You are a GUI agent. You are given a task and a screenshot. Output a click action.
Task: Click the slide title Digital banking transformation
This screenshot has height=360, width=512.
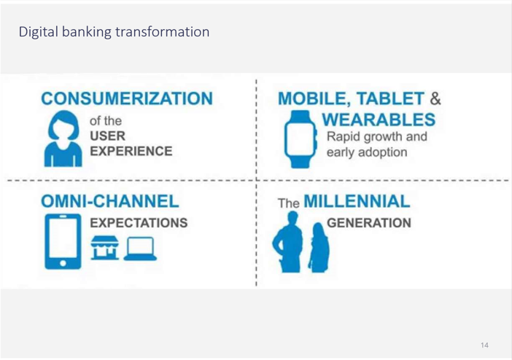tap(114, 32)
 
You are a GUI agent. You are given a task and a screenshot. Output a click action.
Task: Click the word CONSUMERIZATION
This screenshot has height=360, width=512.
tap(127, 98)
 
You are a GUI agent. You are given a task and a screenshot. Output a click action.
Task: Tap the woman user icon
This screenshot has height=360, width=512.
tap(63, 138)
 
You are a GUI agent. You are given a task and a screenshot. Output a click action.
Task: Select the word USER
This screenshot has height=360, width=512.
tap(107, 136)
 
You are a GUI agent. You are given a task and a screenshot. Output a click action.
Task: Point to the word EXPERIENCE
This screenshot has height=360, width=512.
tap(131, 152)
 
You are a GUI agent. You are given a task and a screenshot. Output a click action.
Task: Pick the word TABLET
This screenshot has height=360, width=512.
tap(390, 98)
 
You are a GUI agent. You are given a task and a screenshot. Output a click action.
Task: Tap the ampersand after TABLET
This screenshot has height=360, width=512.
tap(435, 98)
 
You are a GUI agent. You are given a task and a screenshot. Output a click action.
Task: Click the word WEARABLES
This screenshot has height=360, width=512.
tap(379, 120)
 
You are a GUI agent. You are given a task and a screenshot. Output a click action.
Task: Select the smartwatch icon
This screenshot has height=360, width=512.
tap(300, 139)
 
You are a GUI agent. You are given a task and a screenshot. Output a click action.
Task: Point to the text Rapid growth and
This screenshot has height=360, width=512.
tap(377, 137)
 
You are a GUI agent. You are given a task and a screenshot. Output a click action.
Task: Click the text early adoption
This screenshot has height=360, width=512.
tap(367, 152)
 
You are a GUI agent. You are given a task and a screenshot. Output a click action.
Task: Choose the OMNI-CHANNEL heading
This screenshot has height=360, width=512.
tap(110, 201)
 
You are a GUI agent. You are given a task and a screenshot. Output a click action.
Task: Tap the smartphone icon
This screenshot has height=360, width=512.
tap(63, 241)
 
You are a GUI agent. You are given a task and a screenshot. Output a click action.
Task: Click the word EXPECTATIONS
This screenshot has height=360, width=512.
tap(139, 223)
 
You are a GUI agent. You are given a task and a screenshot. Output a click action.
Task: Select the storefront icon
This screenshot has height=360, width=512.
tap(105, 248)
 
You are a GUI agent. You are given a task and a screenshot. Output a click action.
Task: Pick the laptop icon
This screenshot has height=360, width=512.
tap(140, 249)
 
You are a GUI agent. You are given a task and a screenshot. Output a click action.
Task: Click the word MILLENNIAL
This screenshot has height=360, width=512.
tap(357, 201)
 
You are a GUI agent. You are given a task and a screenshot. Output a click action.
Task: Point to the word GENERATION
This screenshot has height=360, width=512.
tap(369, 223)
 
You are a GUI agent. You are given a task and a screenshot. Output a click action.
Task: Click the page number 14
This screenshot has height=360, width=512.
tap(484, 345)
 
